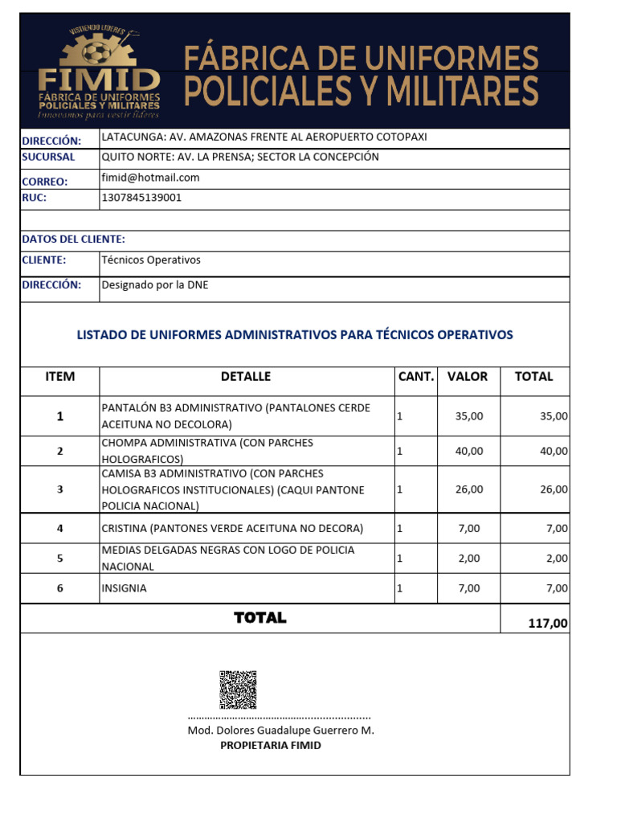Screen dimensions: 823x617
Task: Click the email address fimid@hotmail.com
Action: click(x=150, y=178)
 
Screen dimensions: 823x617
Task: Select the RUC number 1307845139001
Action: click(x=141, y=197)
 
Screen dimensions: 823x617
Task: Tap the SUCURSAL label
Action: click(x=48, y=157)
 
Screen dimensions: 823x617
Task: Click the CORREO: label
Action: click(x=45, y=181)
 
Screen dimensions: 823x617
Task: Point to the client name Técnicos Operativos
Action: click(x=151, y=260)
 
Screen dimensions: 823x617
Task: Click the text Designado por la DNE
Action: click(x=154, y=285)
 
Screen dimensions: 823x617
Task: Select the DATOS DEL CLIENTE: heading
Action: click(x=73, y=239)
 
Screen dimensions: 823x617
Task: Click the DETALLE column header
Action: click(x=246, y=376)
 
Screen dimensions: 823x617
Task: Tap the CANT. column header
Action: click(x=416, y=376)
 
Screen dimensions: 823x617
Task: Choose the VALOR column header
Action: click(x=468, y=376)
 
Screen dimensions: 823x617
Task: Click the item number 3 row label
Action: click(x=59, y=489)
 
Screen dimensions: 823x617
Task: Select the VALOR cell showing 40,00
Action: click(x=469, y=451)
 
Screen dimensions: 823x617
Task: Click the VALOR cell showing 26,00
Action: click(x=469, y=489)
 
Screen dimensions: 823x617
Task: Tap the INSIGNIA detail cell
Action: click(x=125, y=588)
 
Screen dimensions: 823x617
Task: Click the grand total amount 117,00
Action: click(x=548, y=622)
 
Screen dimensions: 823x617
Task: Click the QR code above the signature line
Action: click(x=238, y=689)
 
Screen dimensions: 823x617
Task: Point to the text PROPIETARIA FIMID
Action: click(x=271, y=745)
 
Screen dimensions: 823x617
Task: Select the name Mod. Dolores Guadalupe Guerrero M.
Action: click(x=280, y=731)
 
